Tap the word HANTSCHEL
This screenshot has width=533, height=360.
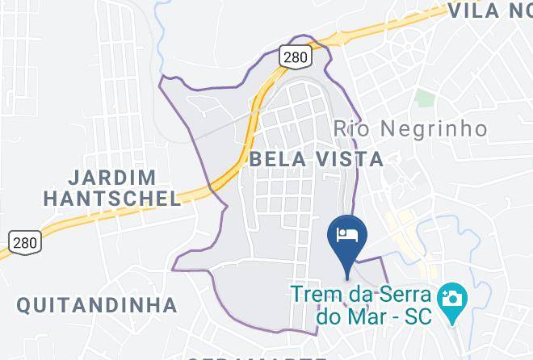click(x=112, y=198)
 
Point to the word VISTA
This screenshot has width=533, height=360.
click(x=350, y=159)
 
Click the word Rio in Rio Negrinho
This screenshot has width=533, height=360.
click(x=350, y=128)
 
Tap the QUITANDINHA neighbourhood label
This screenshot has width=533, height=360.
click(x=97, y=305)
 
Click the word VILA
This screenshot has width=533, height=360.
click(x=477, y=10)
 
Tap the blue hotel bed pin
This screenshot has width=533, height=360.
click(x=347, y=235)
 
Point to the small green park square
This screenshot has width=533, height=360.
click(x=425, y=98)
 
